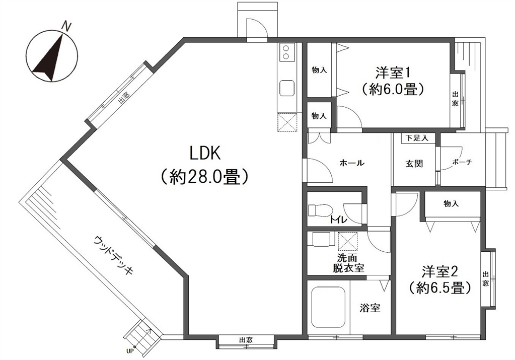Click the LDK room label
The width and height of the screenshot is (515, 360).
(204, 153)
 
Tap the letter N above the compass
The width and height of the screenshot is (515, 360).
(66, 26)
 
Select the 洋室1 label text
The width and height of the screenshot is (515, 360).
(393, 73)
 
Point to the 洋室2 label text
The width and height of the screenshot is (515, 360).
(440, 271)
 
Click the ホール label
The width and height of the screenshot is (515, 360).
(352, 163)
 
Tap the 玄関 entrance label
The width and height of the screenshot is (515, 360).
(414, 163)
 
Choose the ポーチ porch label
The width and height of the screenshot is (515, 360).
(462, 162)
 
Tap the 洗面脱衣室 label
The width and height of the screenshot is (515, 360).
(348, 263)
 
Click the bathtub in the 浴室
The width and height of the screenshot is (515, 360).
(328, 307)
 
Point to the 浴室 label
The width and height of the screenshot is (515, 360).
(370, 308)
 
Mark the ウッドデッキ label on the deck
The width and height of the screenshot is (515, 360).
(114, 255)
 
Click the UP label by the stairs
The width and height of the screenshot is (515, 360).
(130, 351)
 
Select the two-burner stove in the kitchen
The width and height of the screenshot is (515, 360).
(286, 52)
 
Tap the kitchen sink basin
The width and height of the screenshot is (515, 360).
(286, 88)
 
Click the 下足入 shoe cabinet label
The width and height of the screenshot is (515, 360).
(417, 138)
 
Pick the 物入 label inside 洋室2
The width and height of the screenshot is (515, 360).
(451, 203)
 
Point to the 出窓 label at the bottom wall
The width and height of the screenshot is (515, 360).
(246, 340)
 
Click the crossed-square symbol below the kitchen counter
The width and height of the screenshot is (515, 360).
(287, 122)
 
